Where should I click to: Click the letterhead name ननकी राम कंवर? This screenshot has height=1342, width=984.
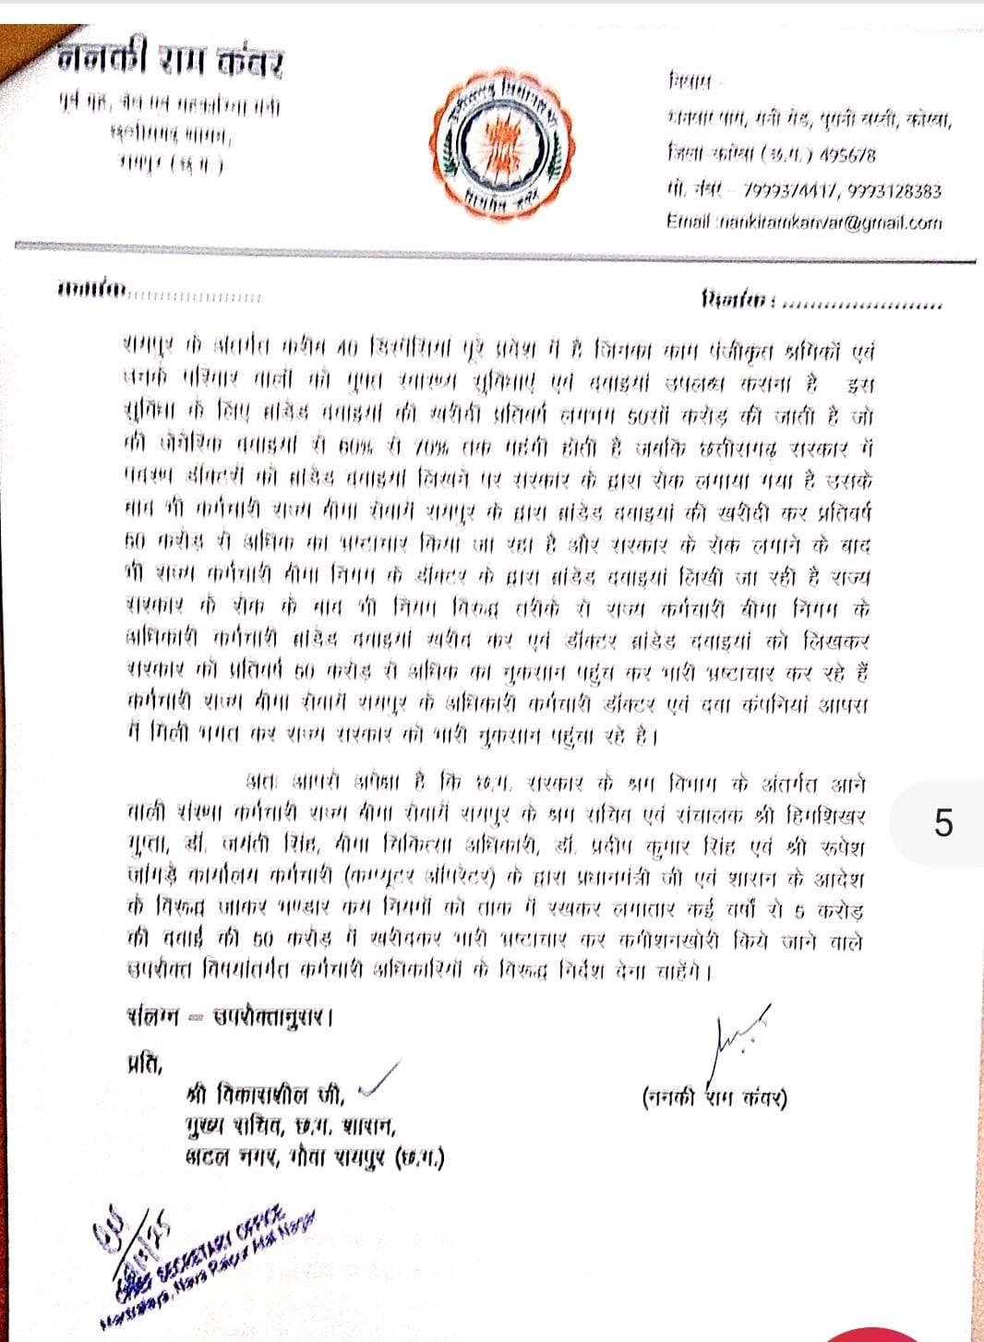click(x=170, y=62)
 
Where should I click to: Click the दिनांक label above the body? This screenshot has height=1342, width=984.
click(x=738, y=301)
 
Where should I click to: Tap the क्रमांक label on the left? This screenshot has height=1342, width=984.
click(x=92, y=292)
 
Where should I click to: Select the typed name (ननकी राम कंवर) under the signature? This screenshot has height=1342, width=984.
click(x=714, y=1098)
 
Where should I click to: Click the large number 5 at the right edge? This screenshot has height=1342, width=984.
click(x=942, y=822)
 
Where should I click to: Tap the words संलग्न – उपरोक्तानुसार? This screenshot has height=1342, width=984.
click(x=229, y=1017)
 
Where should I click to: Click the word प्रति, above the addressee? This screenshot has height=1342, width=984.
click(x=144, y=1064)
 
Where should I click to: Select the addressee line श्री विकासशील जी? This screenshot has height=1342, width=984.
click(x=265, y=1096)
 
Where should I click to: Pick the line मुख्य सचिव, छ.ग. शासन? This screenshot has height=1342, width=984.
click(x=290, y=1127)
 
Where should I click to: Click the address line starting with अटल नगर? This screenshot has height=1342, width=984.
click(x=314, y=1157)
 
